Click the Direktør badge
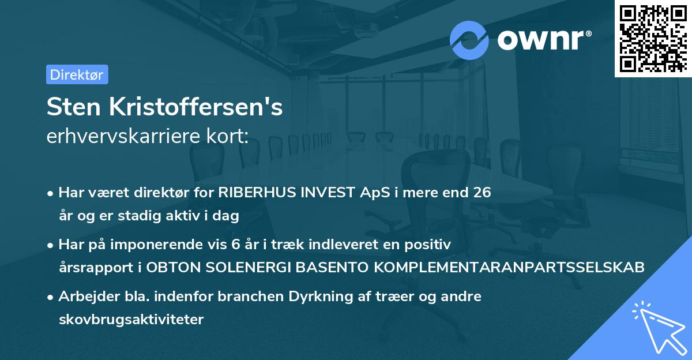(x=77, y=74)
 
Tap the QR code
(x=652, y=38)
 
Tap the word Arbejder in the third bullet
(x=83, y=297)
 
